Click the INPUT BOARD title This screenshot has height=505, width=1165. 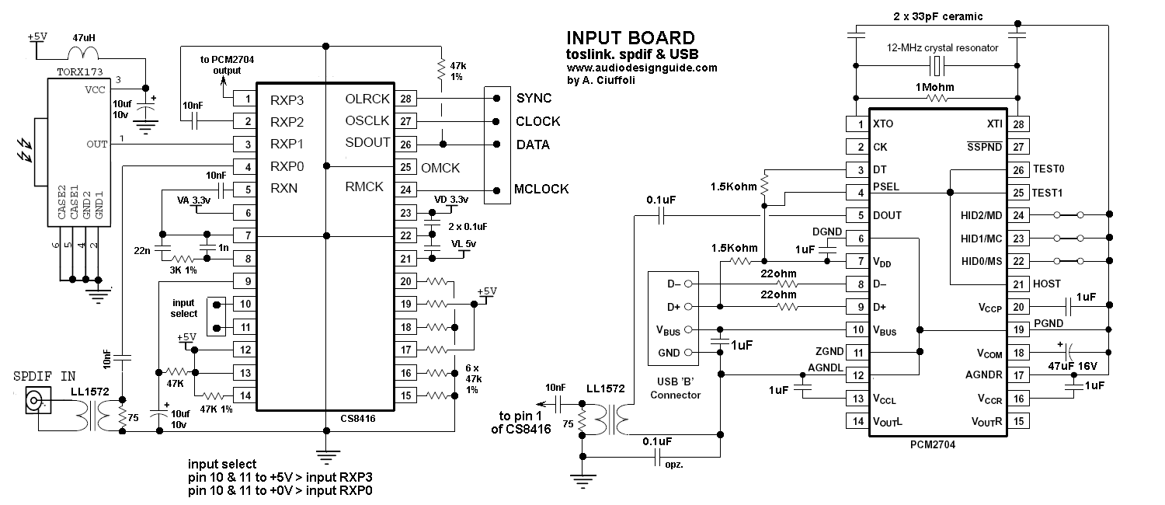click(631, 38)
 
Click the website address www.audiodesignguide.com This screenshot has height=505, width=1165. click(642, 68)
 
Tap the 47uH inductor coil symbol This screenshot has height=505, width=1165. click(83, 52)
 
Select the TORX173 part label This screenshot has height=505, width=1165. click(79, 71)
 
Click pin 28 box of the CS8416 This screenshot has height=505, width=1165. click(405, 99)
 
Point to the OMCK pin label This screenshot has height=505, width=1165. click(440, 168)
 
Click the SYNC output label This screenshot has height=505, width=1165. click(534, 99)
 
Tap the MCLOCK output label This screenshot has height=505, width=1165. click(541, 189)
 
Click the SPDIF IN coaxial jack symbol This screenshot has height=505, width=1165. click(37, 401)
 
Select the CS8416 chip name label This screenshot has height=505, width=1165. click(358, 418)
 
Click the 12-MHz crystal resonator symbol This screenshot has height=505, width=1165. click(937, 66)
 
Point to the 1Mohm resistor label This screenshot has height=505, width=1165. click(934, 87)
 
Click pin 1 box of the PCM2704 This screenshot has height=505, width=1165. click(857, 124)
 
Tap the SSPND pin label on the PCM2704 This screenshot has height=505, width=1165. click(984, 147)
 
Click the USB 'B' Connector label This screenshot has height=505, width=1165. click(675, 388)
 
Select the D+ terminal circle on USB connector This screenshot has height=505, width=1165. click(688, 307)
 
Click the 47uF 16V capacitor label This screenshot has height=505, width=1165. click(1073, 366)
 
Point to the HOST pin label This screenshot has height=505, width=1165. click(1046, 284)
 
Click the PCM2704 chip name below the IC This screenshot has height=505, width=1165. click(933, 444)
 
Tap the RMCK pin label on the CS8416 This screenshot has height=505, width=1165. click(364, 186)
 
